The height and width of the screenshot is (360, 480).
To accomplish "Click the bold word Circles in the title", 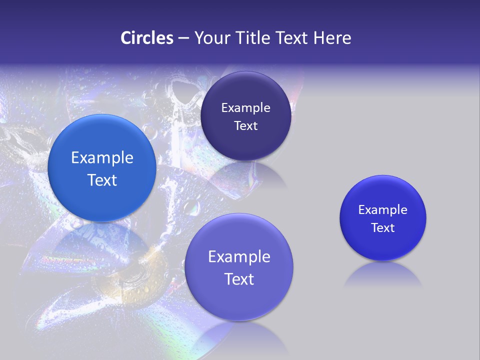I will [147, 38].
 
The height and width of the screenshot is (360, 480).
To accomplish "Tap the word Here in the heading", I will [332, 38].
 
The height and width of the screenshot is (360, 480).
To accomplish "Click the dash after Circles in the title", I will [183, 38].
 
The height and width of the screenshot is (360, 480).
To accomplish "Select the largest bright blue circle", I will [102, 168].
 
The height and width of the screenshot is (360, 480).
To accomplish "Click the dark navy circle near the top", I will [245, 116].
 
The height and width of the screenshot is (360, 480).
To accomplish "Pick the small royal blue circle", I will [383, 218].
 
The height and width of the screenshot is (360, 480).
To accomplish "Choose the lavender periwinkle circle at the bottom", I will [239, 267].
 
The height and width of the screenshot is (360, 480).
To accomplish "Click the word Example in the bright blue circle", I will [102, 158].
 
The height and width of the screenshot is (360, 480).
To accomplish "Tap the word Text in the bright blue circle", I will [102, 180].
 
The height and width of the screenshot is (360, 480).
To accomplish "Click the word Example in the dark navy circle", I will [245, 107].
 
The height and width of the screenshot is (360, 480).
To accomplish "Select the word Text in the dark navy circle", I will [245, 126].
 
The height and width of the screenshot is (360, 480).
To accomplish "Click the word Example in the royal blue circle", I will [383, 209].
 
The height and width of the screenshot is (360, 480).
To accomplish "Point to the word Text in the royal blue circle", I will [383, 228].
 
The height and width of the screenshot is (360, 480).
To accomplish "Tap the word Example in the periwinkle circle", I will [239, 256].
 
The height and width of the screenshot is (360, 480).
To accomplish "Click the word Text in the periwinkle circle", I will [239, 279].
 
